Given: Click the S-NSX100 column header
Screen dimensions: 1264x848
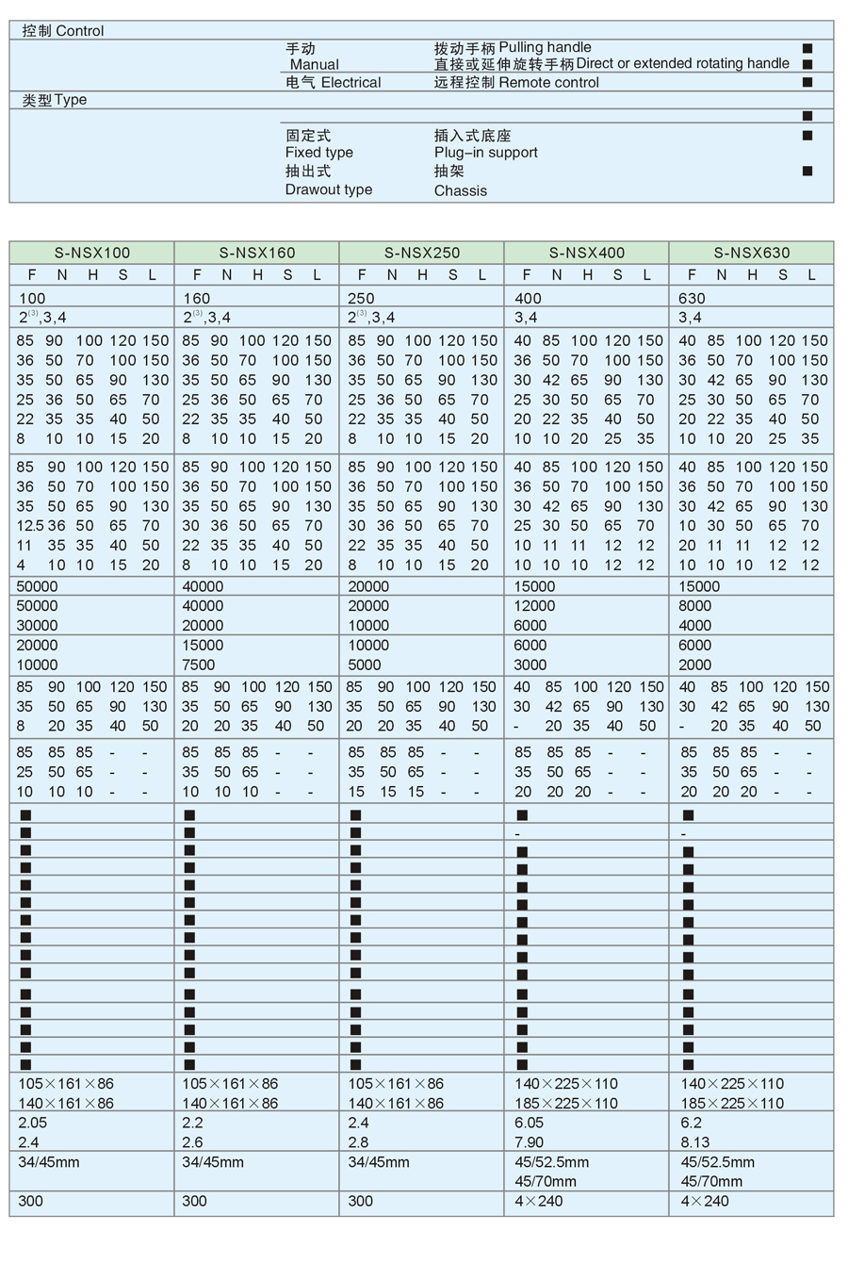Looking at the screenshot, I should tap(91, 253).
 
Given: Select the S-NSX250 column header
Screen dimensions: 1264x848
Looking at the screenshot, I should tap(421, 253).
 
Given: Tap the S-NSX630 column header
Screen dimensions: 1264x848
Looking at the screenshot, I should tap(751, 253).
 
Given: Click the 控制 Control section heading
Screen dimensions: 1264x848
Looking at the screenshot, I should tap(63, 31).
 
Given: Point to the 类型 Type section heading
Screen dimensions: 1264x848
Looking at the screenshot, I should tap(55, 100).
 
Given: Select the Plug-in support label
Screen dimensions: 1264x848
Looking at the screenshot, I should tap(486, 153).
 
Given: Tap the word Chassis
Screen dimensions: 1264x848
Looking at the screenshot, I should tap(461, 190).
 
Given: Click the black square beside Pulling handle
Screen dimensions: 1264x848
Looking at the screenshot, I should tap(807, 48).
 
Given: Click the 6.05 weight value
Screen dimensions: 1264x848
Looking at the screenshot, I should tap(529, 1123).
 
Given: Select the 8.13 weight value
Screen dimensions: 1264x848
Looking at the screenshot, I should tap(695, 1142).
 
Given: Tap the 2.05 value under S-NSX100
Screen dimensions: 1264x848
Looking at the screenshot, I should tap(32, 1123).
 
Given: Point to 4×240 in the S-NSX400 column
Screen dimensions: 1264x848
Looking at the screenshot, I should tap(539, 1201).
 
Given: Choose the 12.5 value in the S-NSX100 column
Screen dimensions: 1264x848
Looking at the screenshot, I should tap(30, 526).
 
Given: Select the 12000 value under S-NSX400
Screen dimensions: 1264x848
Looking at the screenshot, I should tap(535, 606).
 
